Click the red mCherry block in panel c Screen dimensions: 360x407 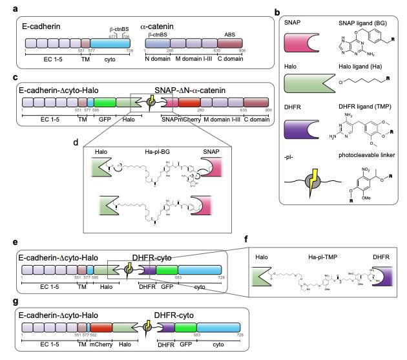(x=189, y=101)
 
